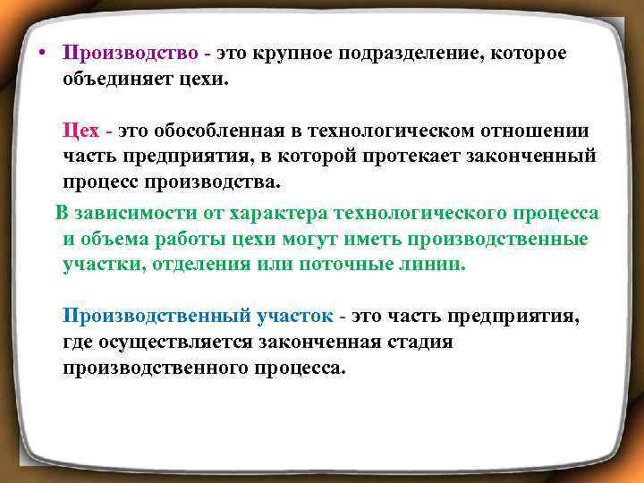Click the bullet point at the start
42,53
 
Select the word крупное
301,53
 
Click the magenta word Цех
80,131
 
